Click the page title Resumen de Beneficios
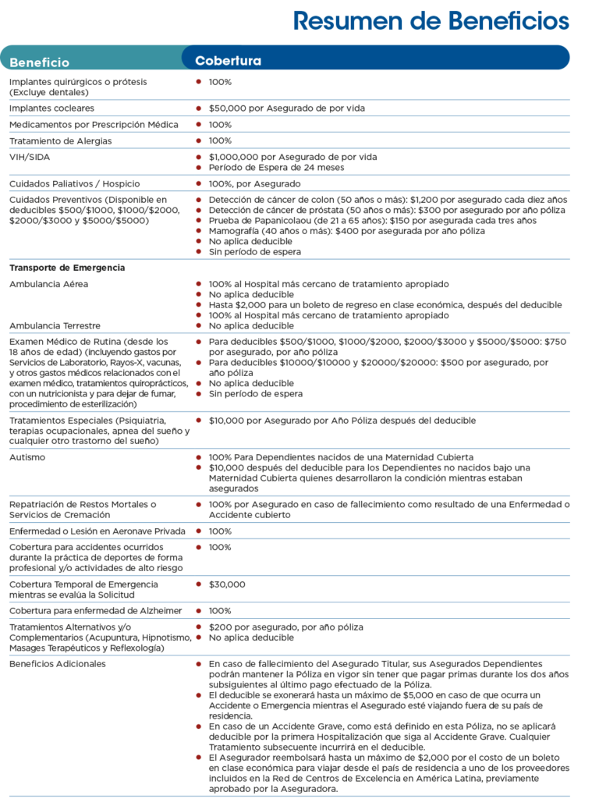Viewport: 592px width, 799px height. tap(431, 21)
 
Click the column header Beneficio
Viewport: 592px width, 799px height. tap(40, 62)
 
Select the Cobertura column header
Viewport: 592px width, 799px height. tap(228, 61)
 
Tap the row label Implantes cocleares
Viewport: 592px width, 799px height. tap(51, 108)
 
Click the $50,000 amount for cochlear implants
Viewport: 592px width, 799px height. tap(227, 108)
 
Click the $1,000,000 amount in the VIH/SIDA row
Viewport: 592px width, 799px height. tap(233, 157)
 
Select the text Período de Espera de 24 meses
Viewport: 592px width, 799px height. tap(276, 168)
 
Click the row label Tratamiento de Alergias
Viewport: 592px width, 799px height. tap(60, 141)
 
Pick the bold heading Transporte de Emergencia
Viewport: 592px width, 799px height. tap(67, 268)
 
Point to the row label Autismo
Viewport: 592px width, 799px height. tap(27, 457)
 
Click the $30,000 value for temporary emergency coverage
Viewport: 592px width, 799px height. tap(227, 584)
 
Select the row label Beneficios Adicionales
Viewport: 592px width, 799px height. tap(58, 664)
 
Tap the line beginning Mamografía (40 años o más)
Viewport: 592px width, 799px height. tap(346, 231)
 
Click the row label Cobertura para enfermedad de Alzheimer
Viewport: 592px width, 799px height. tap(95, 611)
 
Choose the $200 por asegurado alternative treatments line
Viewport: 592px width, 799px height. tap(285, 627)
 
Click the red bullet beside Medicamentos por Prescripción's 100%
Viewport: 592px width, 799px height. tap(199, 125)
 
